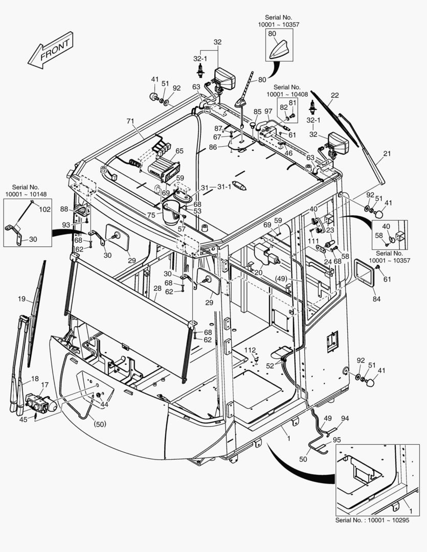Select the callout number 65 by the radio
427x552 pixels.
point(179,151)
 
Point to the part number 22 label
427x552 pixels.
point(335,95)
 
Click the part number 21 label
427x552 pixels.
point(387,153)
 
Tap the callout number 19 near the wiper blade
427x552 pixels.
point(21,299)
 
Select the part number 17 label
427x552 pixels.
point(44,385)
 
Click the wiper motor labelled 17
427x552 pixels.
point(39,403)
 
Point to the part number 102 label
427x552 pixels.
point(45,209)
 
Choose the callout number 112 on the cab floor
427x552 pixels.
point(249,350)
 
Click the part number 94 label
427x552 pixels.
point(345,418)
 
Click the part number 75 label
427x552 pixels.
point(151,215)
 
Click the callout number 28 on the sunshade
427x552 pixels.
point(158,289)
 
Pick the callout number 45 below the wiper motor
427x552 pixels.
point(23,420)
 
